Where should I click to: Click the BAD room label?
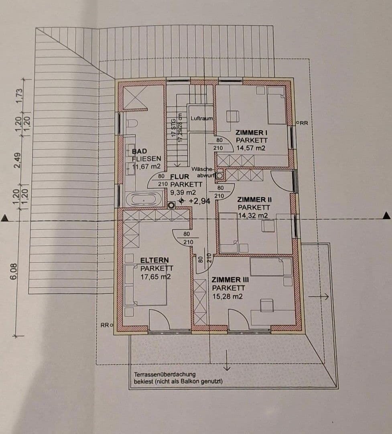[140, 151]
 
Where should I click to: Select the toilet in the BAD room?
[132, 123]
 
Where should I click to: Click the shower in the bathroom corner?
[134, 97]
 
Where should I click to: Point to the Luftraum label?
[201, 119]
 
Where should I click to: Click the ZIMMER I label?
[251, 132]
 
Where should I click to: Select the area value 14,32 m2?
[252, 215]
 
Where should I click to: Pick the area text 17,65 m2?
[156, 277]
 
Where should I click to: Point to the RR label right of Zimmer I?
[303, 123]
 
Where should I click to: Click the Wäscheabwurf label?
[203, 172]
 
